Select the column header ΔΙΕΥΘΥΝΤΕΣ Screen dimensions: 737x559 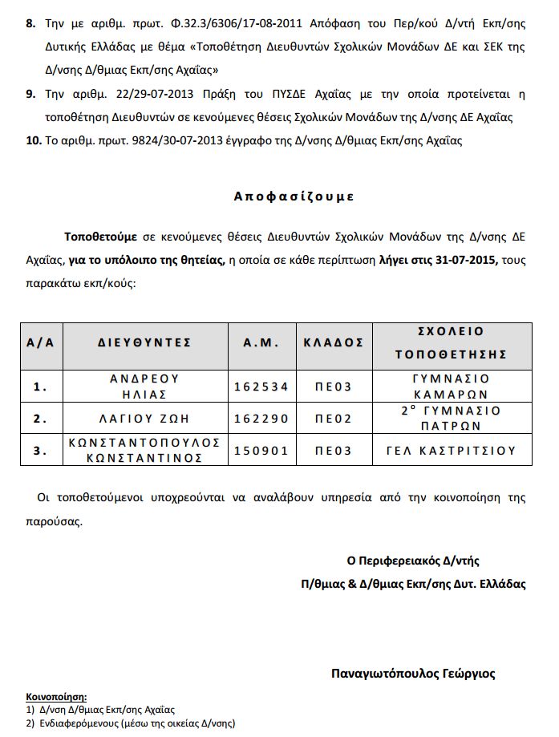pyautogui.click(x=145, y=342)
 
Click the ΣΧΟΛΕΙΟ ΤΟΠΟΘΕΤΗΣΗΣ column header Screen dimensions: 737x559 pyautogui.click(x=452, y=342)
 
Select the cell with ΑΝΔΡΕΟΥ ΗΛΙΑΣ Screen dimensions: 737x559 pyautogui.click(x=145, y=386)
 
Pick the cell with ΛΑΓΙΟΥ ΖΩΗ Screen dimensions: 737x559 pyautogui.click(x=145, y=419)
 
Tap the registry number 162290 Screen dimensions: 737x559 pyautogui.click(x=261, y=419)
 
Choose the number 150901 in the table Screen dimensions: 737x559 pyautogui.click(x=261, y=451)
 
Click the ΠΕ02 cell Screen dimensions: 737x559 pyautogui.click(x=333, y=419)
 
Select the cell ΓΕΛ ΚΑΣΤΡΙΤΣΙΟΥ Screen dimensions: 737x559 pyautogui.click(x=452, y=451)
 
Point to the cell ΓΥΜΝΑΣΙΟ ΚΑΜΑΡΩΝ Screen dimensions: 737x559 pyautogui.click(x=452, y=386)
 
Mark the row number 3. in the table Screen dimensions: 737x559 pyautogui.click(x=41, y=451)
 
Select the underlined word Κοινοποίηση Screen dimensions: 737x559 pyautogui.click(x=56, y=697)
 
